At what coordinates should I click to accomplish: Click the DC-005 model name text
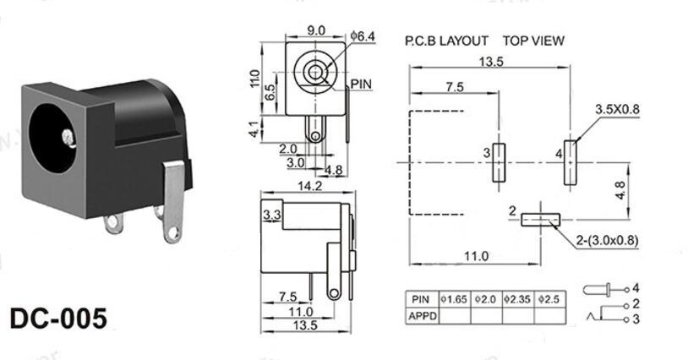[x=59, y=319]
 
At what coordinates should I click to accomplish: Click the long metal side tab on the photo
[x=173, y=198]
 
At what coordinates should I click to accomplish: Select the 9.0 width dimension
[x=315, y=30]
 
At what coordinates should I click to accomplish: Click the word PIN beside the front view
[x=361, y=83]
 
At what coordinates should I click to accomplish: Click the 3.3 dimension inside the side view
[x=272, y=215]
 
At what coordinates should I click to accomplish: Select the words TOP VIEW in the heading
[x=533, y=40]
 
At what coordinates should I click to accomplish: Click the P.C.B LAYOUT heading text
[x=446, y=40]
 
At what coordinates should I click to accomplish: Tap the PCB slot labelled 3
[x=498, y=161]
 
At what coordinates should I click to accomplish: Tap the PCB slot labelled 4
[x=571, y=161]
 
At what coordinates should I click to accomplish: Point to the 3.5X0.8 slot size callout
[x=617, y=110]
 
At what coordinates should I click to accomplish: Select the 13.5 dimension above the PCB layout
[x=491, y=61]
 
